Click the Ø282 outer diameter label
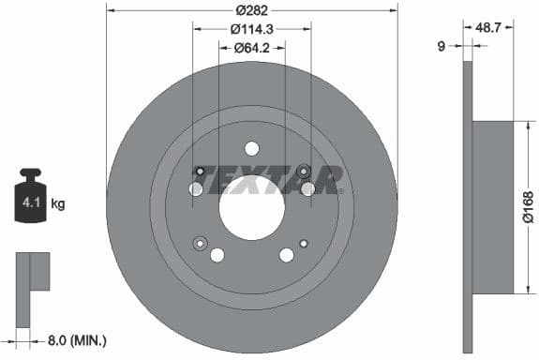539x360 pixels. [251, 9]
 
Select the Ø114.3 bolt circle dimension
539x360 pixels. [251, 28]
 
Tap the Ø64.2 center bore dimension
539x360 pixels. [251, 47]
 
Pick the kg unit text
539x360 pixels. [57, 202]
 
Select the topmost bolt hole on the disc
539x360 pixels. [251, 148]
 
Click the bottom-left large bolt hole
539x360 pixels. [217, 255]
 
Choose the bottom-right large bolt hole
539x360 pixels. [286, 255]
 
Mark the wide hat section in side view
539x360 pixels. [493, 206]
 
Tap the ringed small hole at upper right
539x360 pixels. [303, 171]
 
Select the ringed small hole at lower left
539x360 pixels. [199, 244]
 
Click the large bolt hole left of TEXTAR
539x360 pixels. [195, 189]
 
